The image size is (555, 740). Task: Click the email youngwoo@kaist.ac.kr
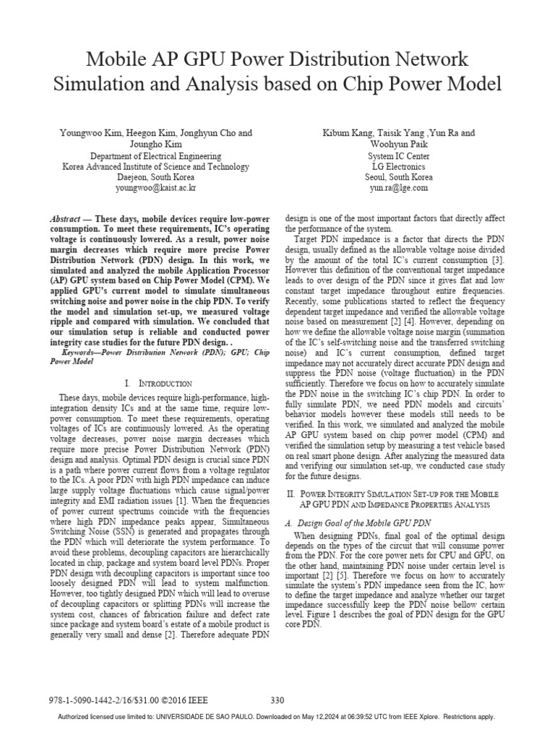(x=155, y=187)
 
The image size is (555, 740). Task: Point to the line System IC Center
(x=398, y=156)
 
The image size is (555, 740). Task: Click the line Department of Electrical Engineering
(x=155, y=156)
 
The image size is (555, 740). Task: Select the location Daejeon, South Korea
(x=155, y=177)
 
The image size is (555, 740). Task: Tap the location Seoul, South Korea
(x=398, y=177)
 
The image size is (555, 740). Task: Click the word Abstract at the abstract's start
(x=65, y=219)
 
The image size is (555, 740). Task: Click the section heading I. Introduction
(x=156, y=383)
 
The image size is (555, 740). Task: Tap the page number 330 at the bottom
(x=277, y=700)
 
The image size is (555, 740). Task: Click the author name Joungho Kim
(x=155, y=145)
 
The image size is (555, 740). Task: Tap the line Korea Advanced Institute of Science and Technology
(x=155, y=166)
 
